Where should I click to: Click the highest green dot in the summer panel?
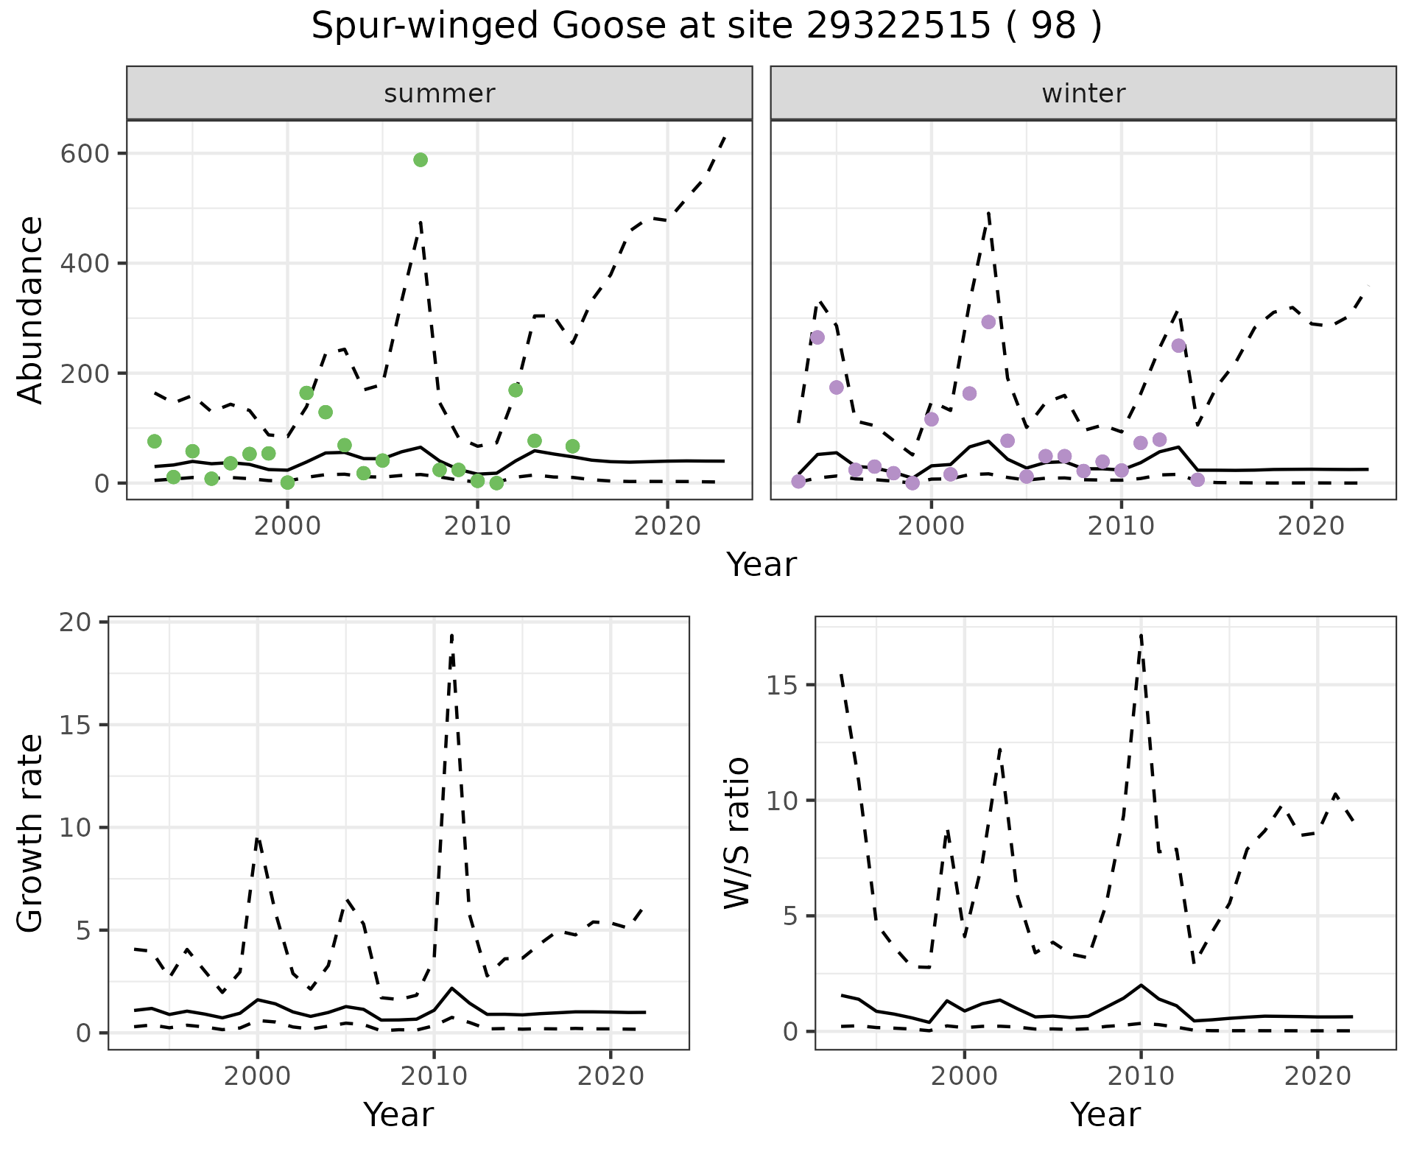tap(421, 160)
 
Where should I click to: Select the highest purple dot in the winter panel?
tap(988, 322)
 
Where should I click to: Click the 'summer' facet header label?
tap(440, 94)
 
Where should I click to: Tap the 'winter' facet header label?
tap(1083, 94)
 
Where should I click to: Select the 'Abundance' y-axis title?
tap(31, 310)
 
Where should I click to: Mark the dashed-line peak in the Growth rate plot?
tap(451, 635)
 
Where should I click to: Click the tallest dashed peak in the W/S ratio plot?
tap(1141, 634)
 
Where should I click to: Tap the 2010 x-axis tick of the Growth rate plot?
tap(434, 1077)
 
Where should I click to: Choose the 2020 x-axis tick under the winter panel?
tap(1311, 527)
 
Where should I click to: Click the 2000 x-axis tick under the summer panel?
tap(287, 527)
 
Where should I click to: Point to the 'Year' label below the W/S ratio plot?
tap(1105, 1115)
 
